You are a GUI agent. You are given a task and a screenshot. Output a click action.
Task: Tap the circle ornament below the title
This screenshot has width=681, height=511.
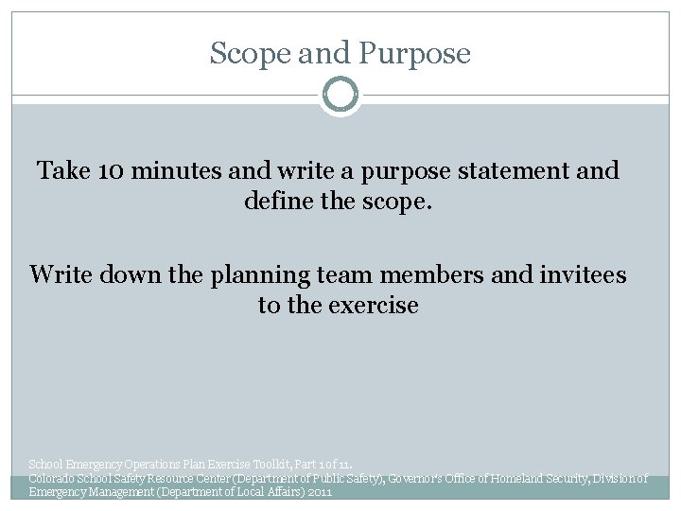[340, 95]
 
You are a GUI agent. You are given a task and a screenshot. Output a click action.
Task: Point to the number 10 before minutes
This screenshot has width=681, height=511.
[111, 171]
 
